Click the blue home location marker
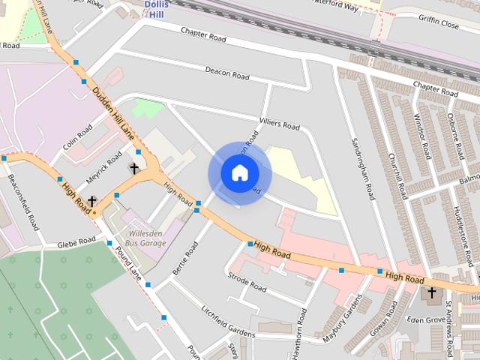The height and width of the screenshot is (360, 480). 239,173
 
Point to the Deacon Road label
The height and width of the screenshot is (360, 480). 226,73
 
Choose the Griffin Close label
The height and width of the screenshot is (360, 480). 439,23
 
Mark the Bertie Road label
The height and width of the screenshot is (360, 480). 184,258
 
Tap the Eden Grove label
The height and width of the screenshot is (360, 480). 425,319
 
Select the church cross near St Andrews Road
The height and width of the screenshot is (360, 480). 431,292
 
